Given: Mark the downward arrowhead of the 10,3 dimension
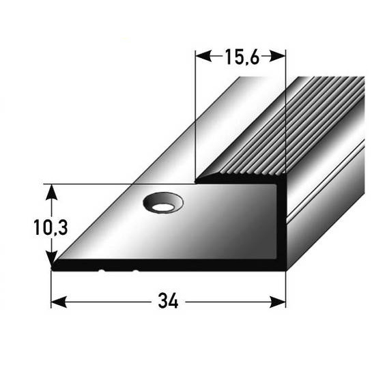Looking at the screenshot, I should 51,262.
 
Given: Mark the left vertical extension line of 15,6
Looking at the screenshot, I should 196,116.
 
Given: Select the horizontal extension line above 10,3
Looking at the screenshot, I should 96,184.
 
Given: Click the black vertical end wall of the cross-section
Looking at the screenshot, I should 281,225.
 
